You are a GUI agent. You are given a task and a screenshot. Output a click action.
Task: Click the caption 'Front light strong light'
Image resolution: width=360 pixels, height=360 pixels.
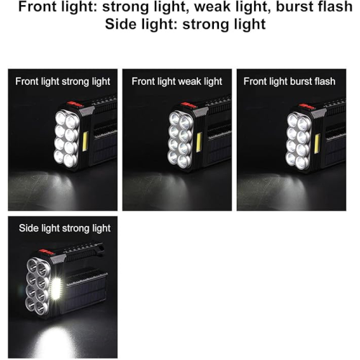click(x=63, y=81)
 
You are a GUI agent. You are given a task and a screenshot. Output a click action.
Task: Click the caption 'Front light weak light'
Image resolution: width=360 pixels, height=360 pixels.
click(x=177, y=81)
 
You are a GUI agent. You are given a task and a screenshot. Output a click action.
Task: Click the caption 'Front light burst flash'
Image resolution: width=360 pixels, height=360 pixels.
click(x=289, y=81)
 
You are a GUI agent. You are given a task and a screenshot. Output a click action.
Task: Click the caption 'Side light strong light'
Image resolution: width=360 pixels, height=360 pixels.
click(x=65, y=228)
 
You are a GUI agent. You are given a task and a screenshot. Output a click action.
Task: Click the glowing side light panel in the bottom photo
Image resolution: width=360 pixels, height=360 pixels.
click(x=56, y=288)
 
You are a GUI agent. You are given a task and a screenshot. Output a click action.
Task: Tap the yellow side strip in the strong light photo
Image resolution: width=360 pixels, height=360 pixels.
click(x=85, y=141)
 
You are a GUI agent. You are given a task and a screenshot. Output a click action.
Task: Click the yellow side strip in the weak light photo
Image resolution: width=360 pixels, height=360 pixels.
click(x=199, y=143)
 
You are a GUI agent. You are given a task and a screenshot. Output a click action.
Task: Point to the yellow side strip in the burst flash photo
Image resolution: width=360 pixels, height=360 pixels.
click(x=317, y=144)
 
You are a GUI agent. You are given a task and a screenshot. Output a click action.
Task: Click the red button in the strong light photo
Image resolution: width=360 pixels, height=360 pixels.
click(x=75, y=104)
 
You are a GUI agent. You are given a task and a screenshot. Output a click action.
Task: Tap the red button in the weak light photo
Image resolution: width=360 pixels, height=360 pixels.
click(x=189, y=105)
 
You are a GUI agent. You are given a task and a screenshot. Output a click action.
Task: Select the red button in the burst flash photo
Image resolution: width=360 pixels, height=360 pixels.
click(x=307, y=107)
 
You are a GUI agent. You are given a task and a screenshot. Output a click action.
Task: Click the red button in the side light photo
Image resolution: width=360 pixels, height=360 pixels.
click(x=46, y=252)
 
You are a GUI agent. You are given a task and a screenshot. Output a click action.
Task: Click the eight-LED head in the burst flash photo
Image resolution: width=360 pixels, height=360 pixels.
click(x=298, y=140)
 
